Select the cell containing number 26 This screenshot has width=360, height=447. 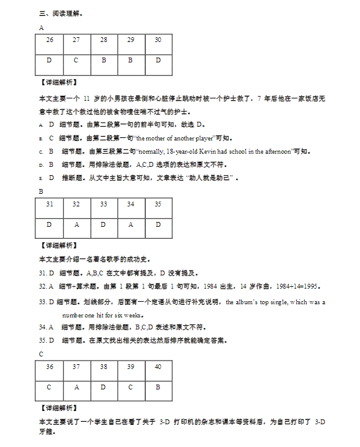49,40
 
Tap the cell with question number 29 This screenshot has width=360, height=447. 131,40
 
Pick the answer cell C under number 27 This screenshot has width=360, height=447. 76,60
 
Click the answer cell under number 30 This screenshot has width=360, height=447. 158,60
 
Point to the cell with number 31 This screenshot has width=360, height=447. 49,204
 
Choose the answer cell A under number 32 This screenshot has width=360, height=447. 76,224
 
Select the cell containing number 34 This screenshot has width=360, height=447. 131,204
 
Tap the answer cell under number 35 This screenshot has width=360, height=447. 158,224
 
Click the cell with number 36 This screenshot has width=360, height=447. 49,367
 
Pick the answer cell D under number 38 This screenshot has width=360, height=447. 104,387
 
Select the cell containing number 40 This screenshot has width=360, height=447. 158,367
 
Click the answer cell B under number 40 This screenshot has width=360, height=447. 158,387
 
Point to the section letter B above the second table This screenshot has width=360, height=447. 41,191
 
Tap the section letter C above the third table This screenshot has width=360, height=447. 41,354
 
